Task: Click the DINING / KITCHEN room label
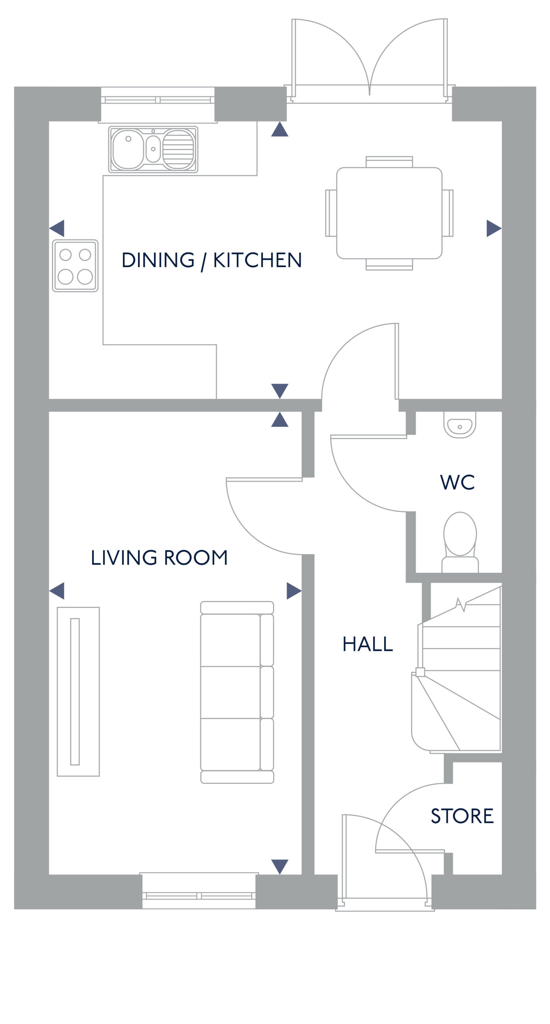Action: pyautogui.click(x=211, y=260)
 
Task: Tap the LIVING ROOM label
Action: pyautogui.click(x=159, y=558)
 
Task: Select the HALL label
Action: pyautogui.click(x=367, y=644)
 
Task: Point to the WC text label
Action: pyautogui.click(x=457, y=482)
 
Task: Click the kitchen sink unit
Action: pyautogui.click(x=153, y=150)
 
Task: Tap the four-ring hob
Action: pyautogui.click(x=75, y=266)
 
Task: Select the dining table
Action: pyautogui.click(x=389, y=213)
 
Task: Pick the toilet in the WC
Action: pyautogui.click(x=460, y=542)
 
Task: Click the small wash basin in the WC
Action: pyautogui.click(x=460, y=425)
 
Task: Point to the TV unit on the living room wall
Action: pyautogui.click(x=78, y=691)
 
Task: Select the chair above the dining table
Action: pyautogui.click(x=389, y=162)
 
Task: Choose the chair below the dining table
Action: pyautogui.click(x=389, y=264)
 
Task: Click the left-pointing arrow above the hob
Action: pyautogui.click(x=57, y=228)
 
